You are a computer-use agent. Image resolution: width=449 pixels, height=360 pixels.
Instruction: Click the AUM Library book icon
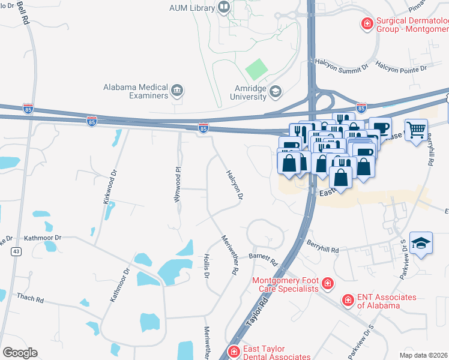point(224,7)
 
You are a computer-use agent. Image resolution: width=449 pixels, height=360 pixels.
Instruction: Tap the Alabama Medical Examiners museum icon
point(177,90)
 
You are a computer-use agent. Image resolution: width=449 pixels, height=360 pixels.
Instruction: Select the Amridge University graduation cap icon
point(276,92)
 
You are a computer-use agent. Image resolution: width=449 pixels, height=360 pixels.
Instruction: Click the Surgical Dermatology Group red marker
point(366,24)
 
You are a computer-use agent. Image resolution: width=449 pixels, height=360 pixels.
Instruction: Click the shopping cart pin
point(415,129)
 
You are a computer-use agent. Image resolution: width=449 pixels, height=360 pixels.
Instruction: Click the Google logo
point(20,353)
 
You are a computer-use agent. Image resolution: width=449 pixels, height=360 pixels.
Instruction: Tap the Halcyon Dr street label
point(235,184)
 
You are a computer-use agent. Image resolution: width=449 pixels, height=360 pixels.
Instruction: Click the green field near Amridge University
point(256,70)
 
